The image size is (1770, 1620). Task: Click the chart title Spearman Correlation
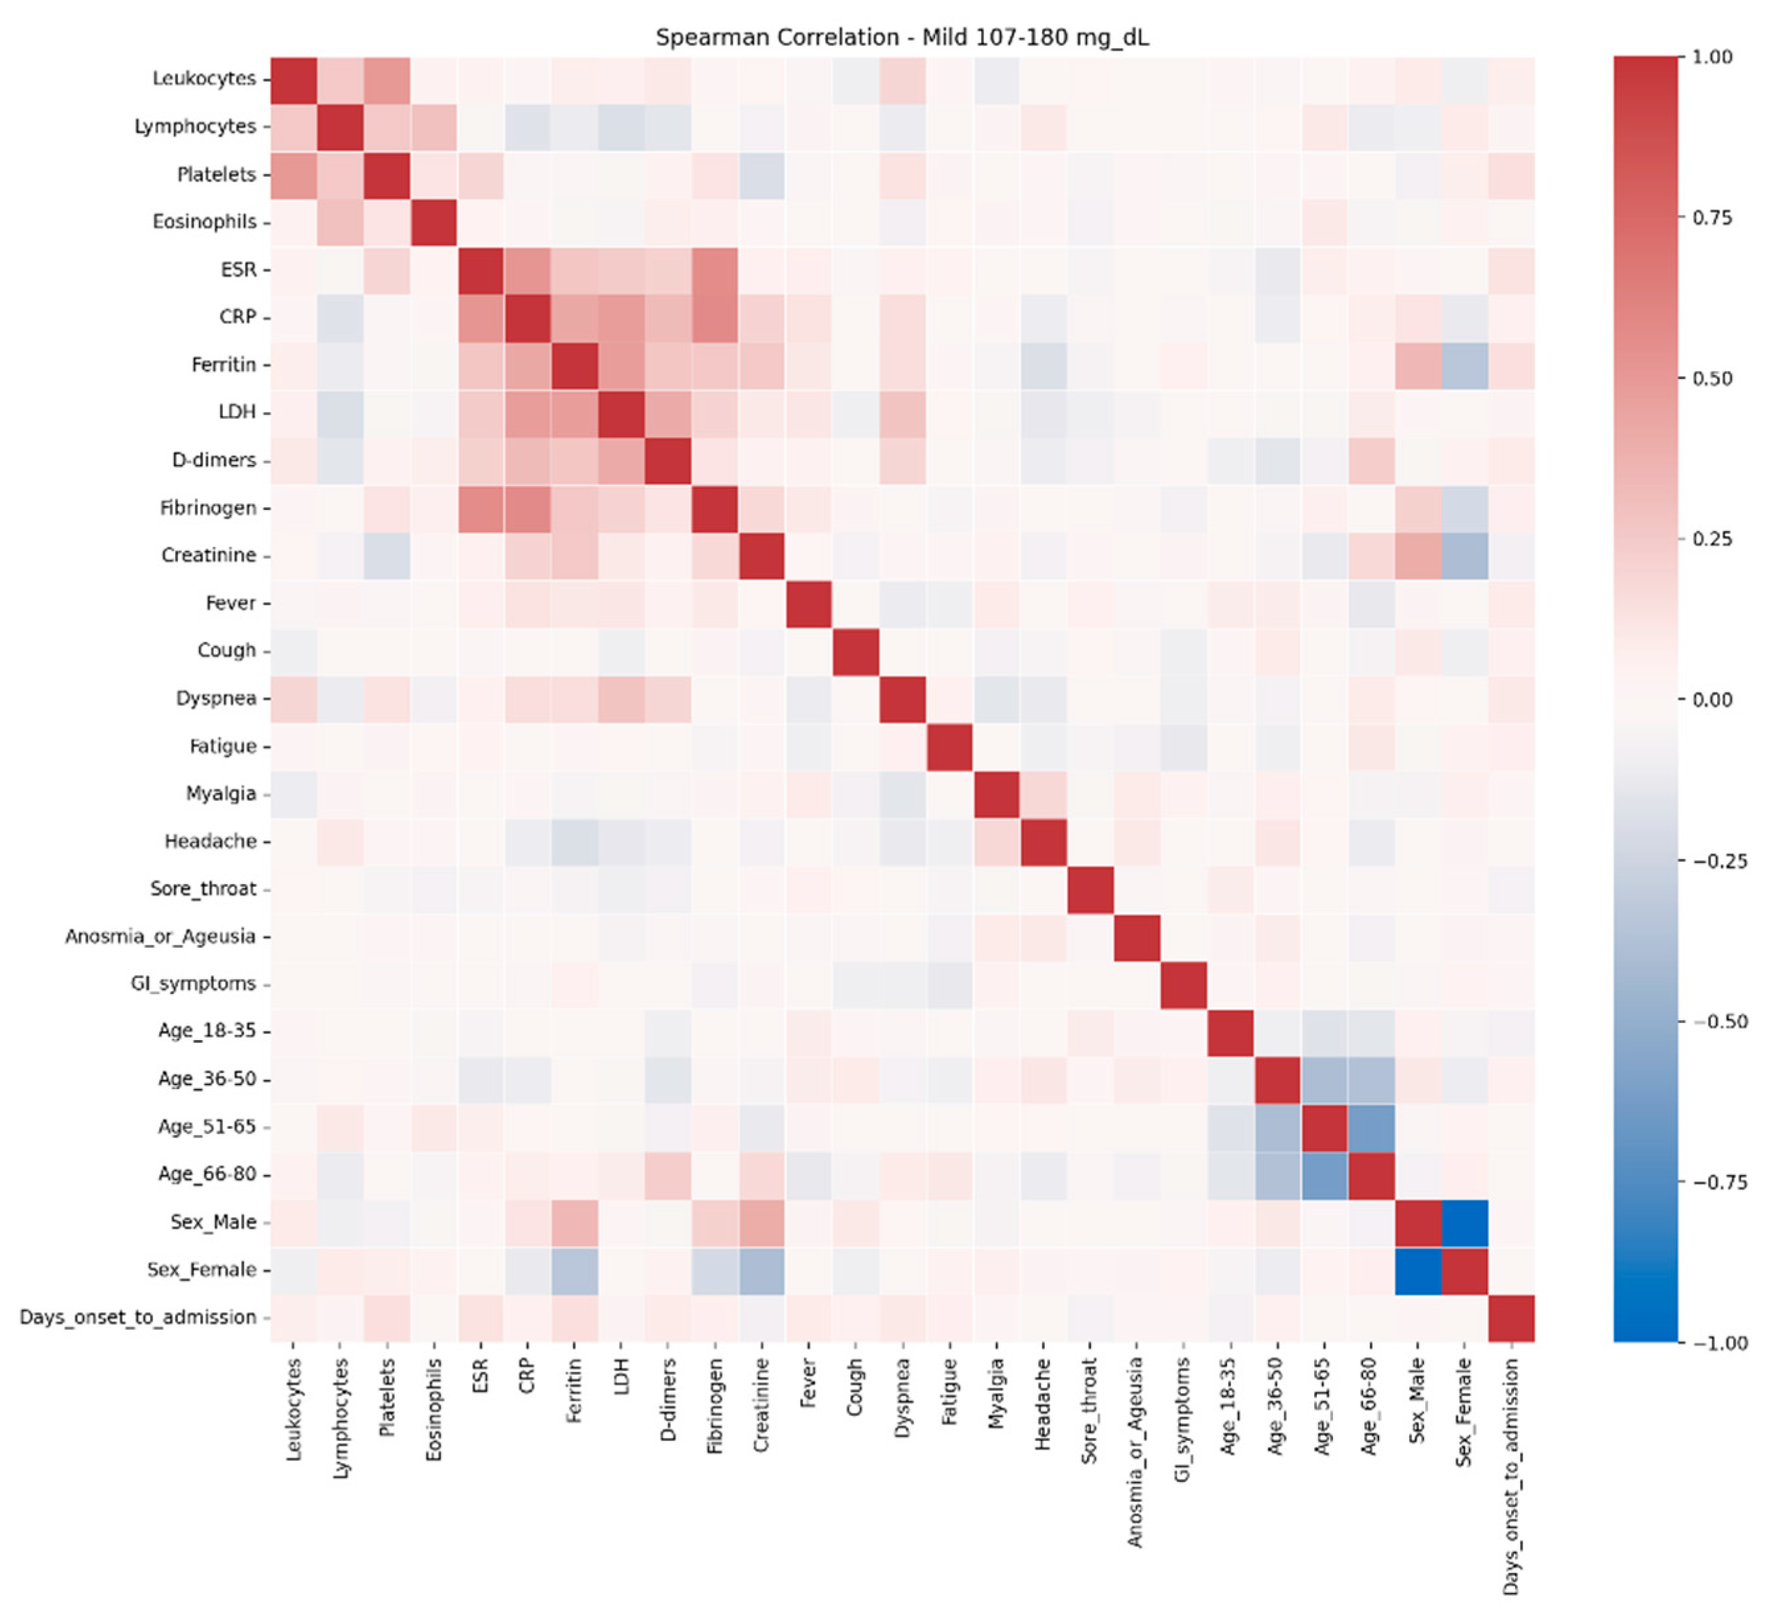(x=902, y=38)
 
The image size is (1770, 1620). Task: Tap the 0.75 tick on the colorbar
(x=1712, y=218)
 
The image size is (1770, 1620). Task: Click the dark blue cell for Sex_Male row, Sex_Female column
(x=1464, y=1222)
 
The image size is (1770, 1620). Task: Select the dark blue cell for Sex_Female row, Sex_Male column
(x=1417, y=1270)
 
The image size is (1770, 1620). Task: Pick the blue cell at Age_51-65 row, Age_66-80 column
(x=1370, y=1127)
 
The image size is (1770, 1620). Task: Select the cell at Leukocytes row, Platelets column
(x=387, y=79)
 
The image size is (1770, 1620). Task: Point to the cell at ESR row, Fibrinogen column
(x=715, y=269)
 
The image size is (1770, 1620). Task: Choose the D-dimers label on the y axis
(x=213, y=460)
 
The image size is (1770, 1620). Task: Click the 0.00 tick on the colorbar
(x=1712, y=700)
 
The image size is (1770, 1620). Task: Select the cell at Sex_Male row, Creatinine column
(x=762, y=1222)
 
